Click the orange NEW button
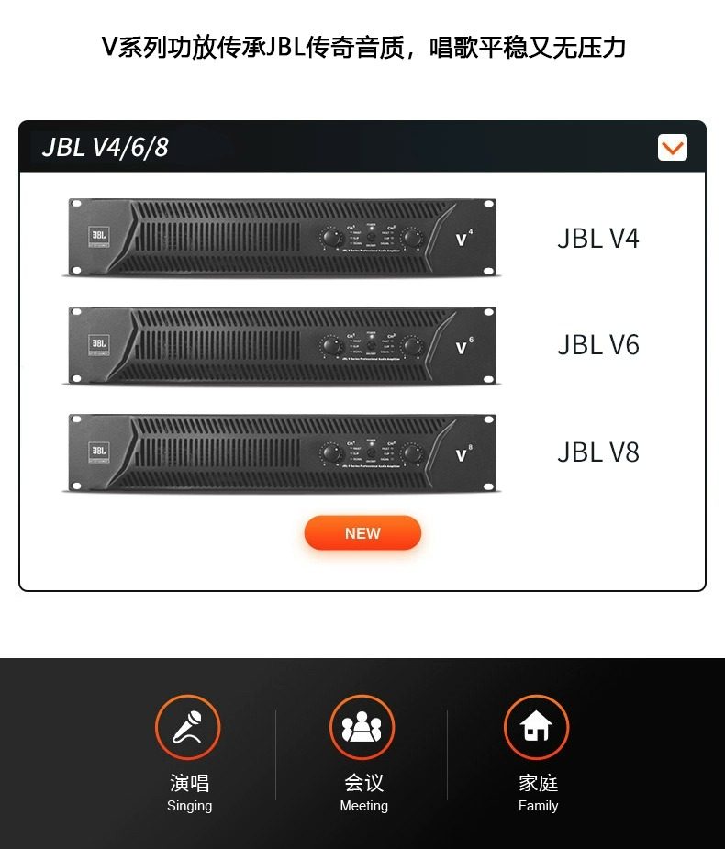pyautogui.click(x=362, y=533)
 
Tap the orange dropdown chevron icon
pyautogui.click(x=673, y=147)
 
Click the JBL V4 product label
pyautogui.click(x=597, y=239)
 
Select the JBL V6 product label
pyautogui.click(x=597, y=345)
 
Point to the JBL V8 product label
pyautogui.click(x=597, y=452)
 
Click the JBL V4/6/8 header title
pyautogui.click(x=105, y=147)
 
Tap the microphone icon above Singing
pyautogui.click(x=188, y=728)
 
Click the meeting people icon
pyautogui.click(x=362, y=728)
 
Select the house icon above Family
pyautogui.click(x=537, y=728)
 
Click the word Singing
pyautogui.click(x=189, y=806)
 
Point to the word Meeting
pyautogui.click(x=363, y=806)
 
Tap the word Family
pyautogui.click(x=538, y=806)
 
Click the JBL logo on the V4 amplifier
pyautogui.click(x=98, y=236)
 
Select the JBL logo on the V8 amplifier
pyautogui.click(x=98, y=451)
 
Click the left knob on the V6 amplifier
pyautogui.click(x=329, y=346)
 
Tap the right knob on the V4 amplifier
pyautogui.click(x=411, y=239)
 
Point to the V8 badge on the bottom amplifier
pyautogui.click(x=463, y=453)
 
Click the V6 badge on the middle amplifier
pyautogui.click(x=463, y=346)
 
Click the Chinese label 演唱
pyautogui.click(x=189, y=783)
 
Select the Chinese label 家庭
pyautogui.click(x=538, y=783)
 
